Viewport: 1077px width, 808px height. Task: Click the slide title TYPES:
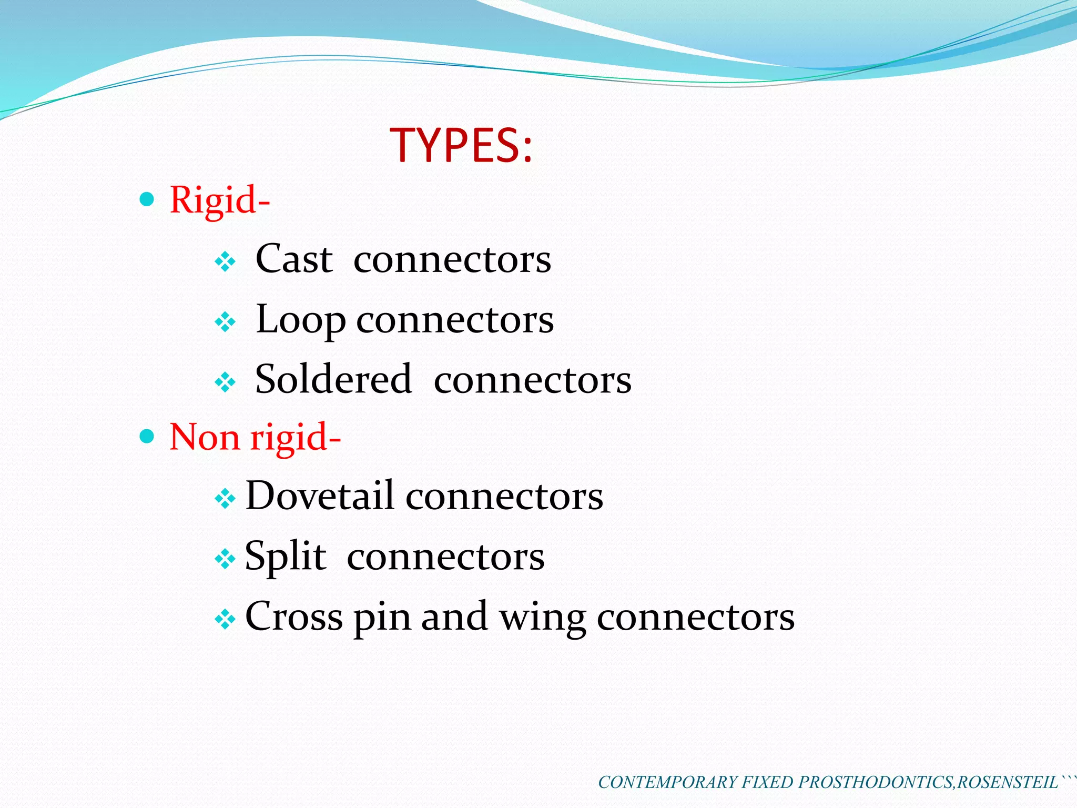pos(461,145)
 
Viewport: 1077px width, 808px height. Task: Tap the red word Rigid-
pos(219,200)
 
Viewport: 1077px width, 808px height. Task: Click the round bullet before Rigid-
pos(147,199)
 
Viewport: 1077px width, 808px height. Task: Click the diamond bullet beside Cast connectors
pos(225,261)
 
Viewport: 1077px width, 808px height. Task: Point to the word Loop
pos(300,320)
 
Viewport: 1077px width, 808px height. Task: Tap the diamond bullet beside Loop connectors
pos(225,322)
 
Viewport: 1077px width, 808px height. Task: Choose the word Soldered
pos(333,379)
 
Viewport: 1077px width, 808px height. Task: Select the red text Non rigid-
pos(255,437)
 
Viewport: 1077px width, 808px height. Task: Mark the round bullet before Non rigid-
pos(147,436)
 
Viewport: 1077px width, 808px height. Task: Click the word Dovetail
pos(319,496)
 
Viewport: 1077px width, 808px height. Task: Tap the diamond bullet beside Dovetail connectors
pos(225,498)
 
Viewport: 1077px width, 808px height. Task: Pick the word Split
pos(285,557)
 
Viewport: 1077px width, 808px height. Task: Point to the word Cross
pos(294,617)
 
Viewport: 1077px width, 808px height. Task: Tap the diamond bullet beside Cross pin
pos(225,619)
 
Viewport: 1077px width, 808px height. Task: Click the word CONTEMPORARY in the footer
pos(667,782)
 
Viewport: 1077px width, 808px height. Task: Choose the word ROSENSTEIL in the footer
pos(1007,782)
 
